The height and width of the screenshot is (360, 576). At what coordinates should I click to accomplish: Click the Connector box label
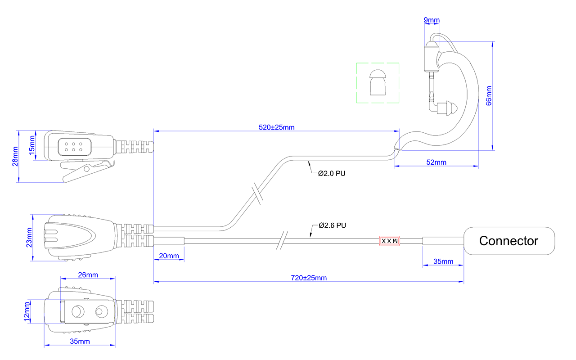pos(508,241)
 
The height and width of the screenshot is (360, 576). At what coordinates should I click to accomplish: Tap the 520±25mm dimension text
pos(276,127)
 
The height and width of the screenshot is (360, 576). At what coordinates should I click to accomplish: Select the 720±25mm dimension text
pos(309,278)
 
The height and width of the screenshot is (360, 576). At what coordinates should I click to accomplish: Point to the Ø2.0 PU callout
pos(332,174)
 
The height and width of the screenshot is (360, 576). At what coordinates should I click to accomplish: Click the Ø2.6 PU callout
pos(332,225)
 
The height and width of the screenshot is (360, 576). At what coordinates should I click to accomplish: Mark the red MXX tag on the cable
pos(389,241)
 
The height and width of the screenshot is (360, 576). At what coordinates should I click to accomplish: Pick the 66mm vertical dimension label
pos(489,96)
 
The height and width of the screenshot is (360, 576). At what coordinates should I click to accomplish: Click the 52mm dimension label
pos(436,162)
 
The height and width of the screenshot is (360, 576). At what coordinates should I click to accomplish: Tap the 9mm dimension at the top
pos(432,20)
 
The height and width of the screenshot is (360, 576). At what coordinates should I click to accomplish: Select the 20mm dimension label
pos(169,256)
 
